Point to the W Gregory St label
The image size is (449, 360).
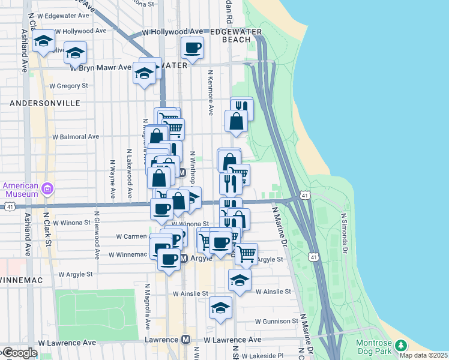click(68, 86)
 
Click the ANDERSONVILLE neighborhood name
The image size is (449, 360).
click(44, 103)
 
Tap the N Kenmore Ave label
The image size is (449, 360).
click(211, 92)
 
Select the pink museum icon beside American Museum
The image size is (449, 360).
click(48, 190)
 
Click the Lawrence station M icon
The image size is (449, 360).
click(186, 340)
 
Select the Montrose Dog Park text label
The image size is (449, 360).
click(374, 347)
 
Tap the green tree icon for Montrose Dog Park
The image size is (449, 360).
click(400, 346)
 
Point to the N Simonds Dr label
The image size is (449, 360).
click(344, 234)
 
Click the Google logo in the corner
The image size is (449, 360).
click(19, 353)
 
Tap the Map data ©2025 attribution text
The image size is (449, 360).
click(423, 355)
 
